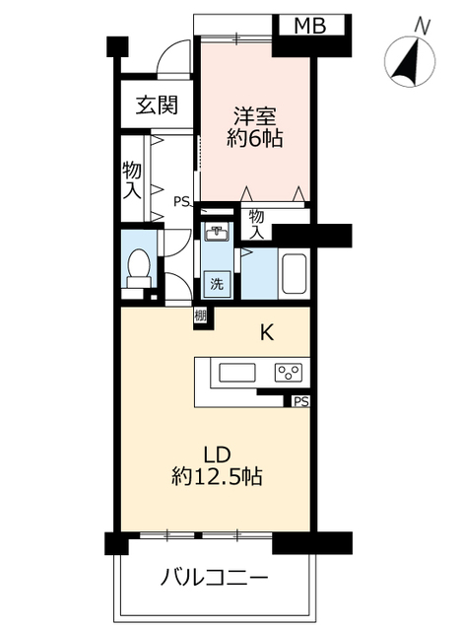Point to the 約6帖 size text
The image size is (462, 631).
click(255, 139)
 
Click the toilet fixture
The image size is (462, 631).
click(139, 266)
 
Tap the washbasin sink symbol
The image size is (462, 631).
click(218, 234)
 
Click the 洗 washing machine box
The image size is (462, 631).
click(216, 284)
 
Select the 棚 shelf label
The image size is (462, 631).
click(200, 316)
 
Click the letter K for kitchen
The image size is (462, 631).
click(266, 332)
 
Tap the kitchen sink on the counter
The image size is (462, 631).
click(237, 373)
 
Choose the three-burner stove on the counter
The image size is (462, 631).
click(289, 373)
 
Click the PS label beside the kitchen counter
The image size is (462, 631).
click(300, 401)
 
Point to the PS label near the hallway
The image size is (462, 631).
click(181, 202)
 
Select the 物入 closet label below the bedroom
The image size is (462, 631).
click(256, 223)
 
